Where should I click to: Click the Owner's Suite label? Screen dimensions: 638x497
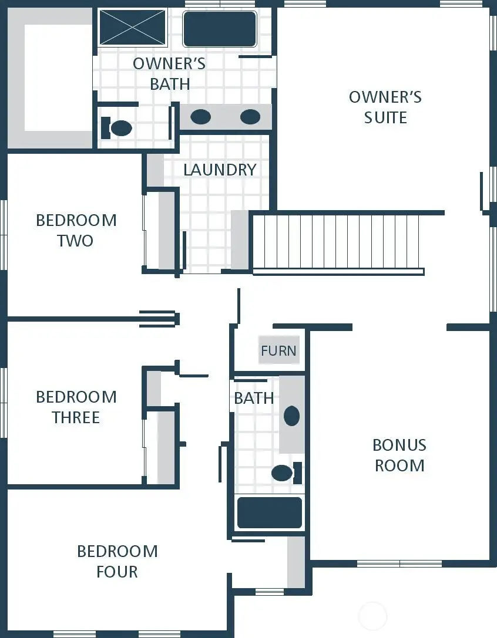(x=385, y=107)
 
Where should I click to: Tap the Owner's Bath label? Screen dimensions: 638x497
(x=169, y=73)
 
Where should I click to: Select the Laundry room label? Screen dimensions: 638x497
(x=220, y=170)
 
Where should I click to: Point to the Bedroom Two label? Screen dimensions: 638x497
(x=76, y=230)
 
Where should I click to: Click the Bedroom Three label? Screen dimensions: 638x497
(x=76, y=407)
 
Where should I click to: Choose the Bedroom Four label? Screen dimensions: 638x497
(x=117, y=561)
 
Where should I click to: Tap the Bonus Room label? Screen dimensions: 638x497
(x=399, y=455)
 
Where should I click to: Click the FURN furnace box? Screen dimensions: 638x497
(x=278, y=350)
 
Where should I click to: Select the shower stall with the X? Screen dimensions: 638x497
(x=133, y=27)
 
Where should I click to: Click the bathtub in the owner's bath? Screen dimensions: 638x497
(x=220, y=29)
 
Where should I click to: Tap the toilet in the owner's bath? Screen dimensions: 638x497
(x=117, y=128)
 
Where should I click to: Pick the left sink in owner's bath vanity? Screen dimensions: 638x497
(x=200, y=117)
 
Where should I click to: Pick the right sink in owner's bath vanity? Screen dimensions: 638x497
(x=250, y=117)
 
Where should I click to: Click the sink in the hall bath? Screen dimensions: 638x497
(x=291, y=416)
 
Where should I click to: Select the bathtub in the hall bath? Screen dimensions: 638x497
(x=269, y=512)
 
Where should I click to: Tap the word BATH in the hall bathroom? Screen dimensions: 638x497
(x=254, y=398)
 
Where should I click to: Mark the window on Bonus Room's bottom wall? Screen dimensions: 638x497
(x=399, y=563)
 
